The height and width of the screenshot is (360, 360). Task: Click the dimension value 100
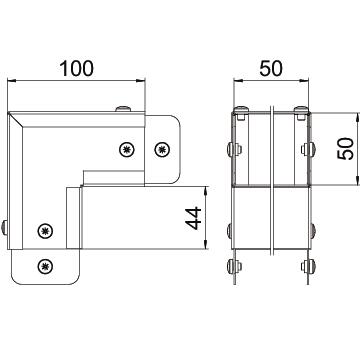click(x=77, y=68)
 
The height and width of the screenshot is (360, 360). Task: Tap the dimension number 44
click(x=194, y=218)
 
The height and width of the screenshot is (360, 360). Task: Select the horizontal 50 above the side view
click(x=271, y=68)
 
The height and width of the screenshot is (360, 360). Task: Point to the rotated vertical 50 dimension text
click(x=345, y=149)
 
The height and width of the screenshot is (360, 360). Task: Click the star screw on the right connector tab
click(x=162, y=149)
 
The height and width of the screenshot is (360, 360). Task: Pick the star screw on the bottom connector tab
click(x=45, y=266)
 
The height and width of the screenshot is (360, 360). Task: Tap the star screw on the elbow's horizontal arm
click(x=127, y=149)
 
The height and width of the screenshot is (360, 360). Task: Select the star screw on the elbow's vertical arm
click(x=45, y=231)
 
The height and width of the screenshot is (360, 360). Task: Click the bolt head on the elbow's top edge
click(x=123, y=109)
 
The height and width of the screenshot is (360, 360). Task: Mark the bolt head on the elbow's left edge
click(x=4, y=228)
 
